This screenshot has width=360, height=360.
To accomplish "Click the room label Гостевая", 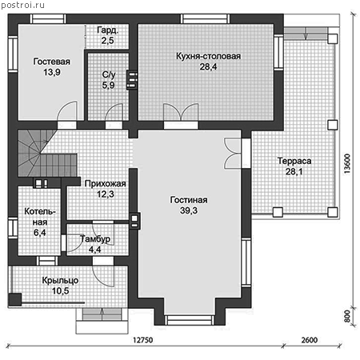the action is [x=52, y=62].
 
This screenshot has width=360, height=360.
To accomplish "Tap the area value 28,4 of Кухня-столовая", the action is [x=208, y=67].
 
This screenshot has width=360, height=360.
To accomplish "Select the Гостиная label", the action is [x=189, y=200].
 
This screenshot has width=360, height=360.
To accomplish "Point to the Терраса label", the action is [x=294, y=161].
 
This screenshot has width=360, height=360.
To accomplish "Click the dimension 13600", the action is [x=347, y=164].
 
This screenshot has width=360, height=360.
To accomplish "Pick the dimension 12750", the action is [x=143, y=340].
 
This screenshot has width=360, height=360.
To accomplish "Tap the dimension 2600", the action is [x=310, y=340].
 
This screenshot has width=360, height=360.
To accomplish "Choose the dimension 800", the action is [x=347, y=316].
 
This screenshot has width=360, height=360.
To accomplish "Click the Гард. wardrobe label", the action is [x=108, y=30].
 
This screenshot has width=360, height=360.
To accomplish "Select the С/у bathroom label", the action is [x=109, y=75].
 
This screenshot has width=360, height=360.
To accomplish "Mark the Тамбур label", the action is [x=95, y=239].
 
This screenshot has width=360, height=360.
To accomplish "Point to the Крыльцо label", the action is [x=60, y=281].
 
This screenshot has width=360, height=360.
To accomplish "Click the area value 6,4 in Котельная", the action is [x=40, y=233].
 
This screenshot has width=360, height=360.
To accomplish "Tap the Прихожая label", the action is [x=106, y=184].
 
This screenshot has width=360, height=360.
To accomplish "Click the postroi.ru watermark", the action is [x=22, y=5].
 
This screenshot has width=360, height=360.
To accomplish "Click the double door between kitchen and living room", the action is [x=181, y=113].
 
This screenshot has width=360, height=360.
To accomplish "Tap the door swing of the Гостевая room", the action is [x=67, y=111].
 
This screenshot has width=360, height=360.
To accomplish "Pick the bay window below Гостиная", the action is [x=190, y=320].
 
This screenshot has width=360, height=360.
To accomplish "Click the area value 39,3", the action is [x=189, y=210].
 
